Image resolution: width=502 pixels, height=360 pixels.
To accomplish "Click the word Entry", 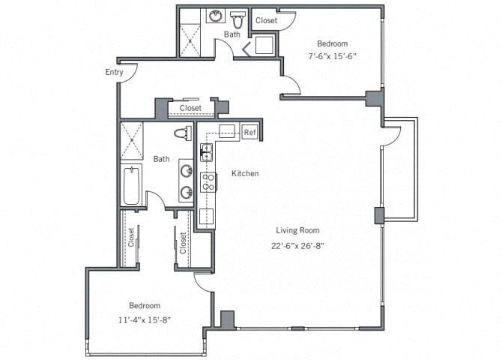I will (115, 73).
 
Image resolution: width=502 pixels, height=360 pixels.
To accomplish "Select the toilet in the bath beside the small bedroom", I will (238, 17).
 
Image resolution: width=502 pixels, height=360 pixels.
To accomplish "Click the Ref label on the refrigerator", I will (250, 133).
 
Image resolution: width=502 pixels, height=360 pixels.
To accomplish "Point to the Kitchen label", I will (244, 173).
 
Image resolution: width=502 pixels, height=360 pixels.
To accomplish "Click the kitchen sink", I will (206, 153).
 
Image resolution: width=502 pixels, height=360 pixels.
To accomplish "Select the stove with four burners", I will (206, 181).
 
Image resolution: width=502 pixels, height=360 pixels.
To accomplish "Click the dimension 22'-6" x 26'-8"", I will (299, 245).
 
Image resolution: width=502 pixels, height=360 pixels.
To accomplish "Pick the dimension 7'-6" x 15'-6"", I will (330, 56).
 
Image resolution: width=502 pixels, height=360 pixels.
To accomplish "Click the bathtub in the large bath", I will (132, 185).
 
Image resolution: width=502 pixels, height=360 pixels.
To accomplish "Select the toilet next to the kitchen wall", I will (181, 134).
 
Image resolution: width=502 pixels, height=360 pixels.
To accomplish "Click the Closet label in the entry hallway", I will (190, 108).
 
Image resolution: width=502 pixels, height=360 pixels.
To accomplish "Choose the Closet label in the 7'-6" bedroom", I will (266, 20).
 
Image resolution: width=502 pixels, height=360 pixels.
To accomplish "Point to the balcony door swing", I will (391, 136).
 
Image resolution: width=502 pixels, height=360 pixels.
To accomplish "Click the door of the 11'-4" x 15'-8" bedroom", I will (202, 281).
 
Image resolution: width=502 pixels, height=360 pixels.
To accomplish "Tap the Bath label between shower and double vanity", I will (162, 159).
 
